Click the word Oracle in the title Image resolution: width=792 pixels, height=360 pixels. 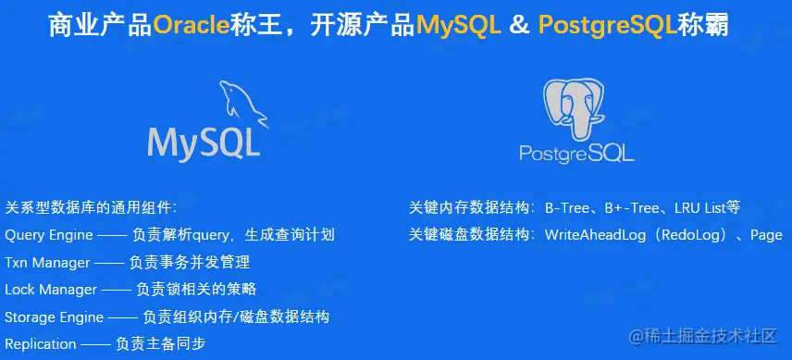(191, 25)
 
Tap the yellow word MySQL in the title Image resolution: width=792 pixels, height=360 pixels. (459, 25)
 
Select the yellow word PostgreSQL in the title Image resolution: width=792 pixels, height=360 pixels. (608, 25)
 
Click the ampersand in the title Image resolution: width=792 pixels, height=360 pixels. (520, 25)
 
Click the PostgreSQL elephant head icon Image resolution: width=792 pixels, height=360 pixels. (574, 108)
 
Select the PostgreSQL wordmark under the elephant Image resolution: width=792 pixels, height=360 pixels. (576, 153)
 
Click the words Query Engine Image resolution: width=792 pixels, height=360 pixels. (49, 235)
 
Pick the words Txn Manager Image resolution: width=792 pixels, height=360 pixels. (47, 263)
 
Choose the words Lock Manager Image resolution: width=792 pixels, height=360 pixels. (51, 290)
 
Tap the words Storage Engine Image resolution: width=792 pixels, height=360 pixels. (54, 317)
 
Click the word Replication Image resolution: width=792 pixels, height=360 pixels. (41, 344)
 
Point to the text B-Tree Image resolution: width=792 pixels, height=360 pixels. (568, 208)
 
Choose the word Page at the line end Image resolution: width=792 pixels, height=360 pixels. (766, 236)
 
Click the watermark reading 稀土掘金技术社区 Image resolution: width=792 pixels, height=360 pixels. (702, 336)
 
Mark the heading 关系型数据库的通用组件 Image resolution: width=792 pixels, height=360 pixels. (91, 208)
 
